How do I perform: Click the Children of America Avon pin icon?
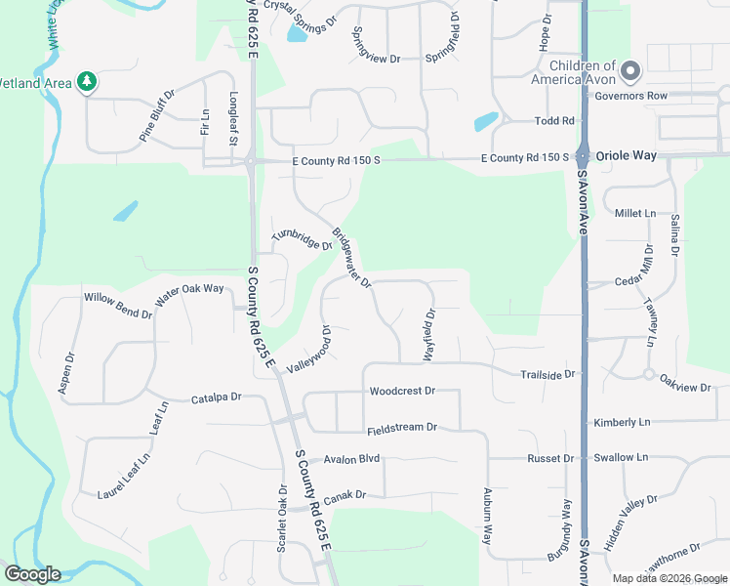click(x=630, y=70)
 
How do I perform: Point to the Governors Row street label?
click(x=630, y=96)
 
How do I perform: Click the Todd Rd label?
click(x=554, y=121)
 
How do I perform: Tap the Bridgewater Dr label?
click(x=351, y=258)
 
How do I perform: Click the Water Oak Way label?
click(x=190, y=290)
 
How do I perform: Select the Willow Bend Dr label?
click(x=118, y=305)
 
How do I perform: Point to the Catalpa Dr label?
click(x=216, y=398)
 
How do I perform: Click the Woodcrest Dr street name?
click(x=401, y=391)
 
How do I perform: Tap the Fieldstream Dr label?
click(x=401, y=429)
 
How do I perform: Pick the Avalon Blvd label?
click(x=351, y=458)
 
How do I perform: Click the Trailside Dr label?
click(x=549, y=374)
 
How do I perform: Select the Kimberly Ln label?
click(x=622, y=422)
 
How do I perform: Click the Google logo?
click(x=32, y=574)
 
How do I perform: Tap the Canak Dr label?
click(x=345, y=495)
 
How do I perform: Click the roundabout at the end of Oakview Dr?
click(x=648, y=374)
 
